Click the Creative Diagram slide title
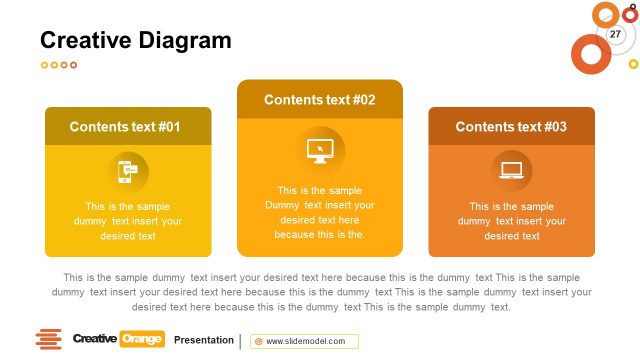click(135, 40)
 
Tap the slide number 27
click(615, 35)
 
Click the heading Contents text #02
click(320, 100)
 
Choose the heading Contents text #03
click(511, 127)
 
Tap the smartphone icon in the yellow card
click(128, 171)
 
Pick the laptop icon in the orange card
click(511, 171)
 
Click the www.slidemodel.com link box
click(304, 341)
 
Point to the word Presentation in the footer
click(204, 340)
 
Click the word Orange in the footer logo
click(141, 339)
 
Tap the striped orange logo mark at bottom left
click(49, 339)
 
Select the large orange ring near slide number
click(590, 53)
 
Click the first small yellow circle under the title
click(45, 65)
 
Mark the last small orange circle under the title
click(73, 65)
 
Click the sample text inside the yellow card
click(128, 221)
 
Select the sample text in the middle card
click(320, 212)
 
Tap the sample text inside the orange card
click(511, 221)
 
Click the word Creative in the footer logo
click(95, 339)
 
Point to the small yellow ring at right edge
click(633, 64)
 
